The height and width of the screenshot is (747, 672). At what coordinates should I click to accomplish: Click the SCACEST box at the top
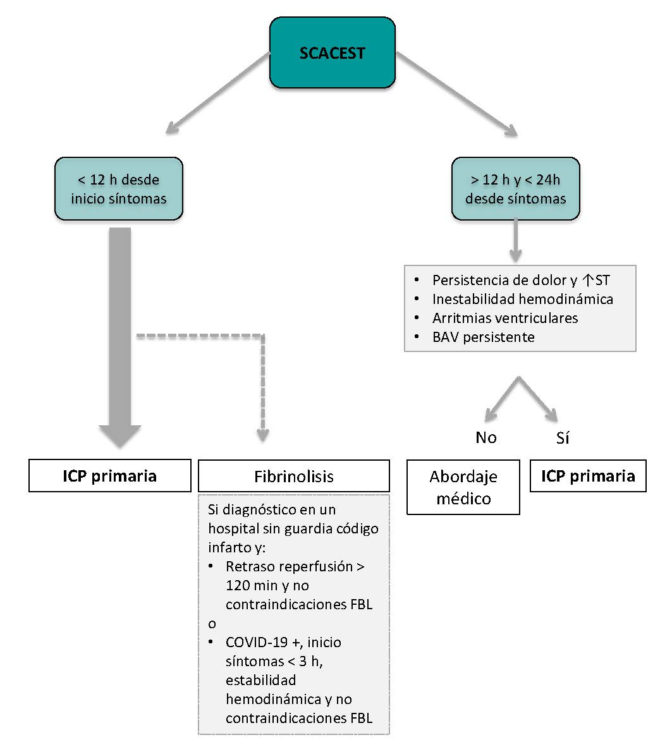333,52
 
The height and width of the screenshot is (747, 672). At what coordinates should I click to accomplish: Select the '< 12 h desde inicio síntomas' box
119,189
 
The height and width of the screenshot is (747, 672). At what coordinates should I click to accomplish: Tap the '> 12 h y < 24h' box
515,189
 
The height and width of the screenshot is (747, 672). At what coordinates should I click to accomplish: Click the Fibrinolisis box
294,476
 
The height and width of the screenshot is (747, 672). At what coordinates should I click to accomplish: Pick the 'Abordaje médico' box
463,487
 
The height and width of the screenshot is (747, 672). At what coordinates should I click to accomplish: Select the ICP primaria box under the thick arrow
109,476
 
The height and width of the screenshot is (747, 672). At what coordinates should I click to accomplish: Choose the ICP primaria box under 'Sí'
588,476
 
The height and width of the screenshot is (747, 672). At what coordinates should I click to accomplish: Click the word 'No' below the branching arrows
486,437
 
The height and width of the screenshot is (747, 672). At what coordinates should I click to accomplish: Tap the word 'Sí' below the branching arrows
563,437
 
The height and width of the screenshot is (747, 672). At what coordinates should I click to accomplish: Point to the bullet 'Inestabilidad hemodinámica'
523,299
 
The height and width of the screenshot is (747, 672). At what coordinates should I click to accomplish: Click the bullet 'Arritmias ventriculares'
505,318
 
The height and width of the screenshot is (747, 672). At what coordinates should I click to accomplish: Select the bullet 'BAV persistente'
484,337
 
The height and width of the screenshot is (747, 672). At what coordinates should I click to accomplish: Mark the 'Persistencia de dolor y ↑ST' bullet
521,280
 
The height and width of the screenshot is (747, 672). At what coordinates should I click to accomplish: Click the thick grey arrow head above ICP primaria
120,435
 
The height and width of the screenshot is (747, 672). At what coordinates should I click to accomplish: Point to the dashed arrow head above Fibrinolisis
263,435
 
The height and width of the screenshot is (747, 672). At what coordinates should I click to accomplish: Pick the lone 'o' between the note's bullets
212,624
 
